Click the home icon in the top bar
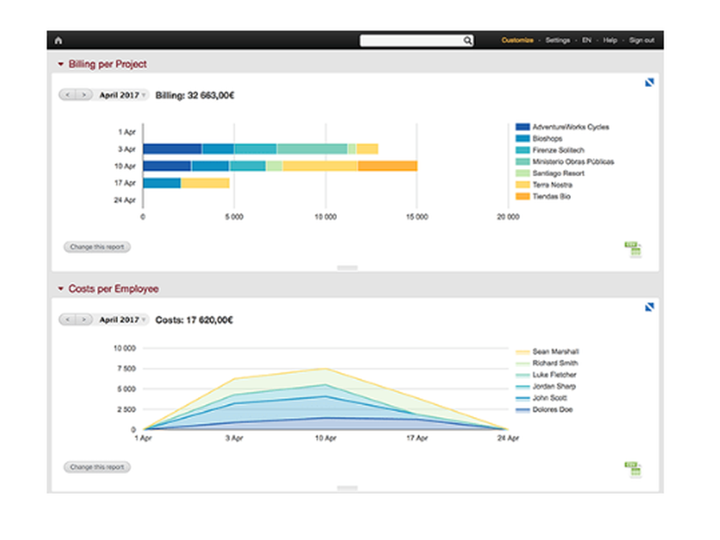click(58, 41)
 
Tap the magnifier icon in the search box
click(467, 41)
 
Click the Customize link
click(517, 40)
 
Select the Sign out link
click(641, 40)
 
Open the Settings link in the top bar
click(557, 40)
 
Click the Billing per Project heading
click(107, 64)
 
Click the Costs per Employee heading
click(113, 289)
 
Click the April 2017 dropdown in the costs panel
click(122, 319)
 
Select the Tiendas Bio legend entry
click(552, 196)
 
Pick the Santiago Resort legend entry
click(558, 173)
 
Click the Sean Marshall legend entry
click(555, 352)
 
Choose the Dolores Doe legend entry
click(552, 410)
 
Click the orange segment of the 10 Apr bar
click(387, 166)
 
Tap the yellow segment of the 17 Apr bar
click(204, 183)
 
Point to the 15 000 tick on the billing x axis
click(416, 216)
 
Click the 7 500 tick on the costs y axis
click(125, 369)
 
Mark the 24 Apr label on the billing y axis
click(126, 200)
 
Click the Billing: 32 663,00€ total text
click(195, 95)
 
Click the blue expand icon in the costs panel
click(649, 307)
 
